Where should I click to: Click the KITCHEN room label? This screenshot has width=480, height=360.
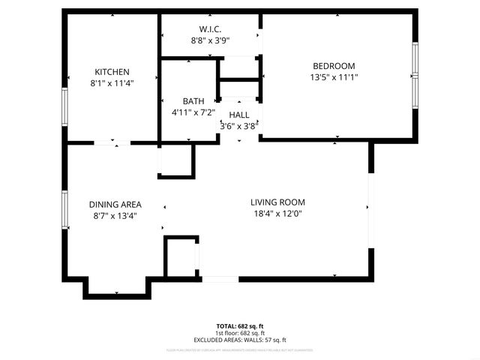112,72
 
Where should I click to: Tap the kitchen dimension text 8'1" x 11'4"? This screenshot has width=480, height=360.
112,83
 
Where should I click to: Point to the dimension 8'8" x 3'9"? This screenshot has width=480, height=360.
208,41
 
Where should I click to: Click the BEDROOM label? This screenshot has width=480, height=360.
334,66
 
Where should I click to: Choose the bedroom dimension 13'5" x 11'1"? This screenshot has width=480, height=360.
334,77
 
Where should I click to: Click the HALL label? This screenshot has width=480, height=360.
239,115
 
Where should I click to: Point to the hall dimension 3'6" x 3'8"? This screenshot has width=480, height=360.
238,126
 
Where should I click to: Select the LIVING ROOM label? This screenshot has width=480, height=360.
277,202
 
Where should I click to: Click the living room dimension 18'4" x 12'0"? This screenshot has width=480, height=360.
277,213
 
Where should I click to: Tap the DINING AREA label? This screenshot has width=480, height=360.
115,205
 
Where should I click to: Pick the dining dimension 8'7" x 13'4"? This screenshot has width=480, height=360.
115,216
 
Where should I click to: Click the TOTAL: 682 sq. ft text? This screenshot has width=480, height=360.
240,326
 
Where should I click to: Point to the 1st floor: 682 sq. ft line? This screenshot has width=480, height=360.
240,333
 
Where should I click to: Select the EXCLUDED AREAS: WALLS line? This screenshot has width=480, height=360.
240,340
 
